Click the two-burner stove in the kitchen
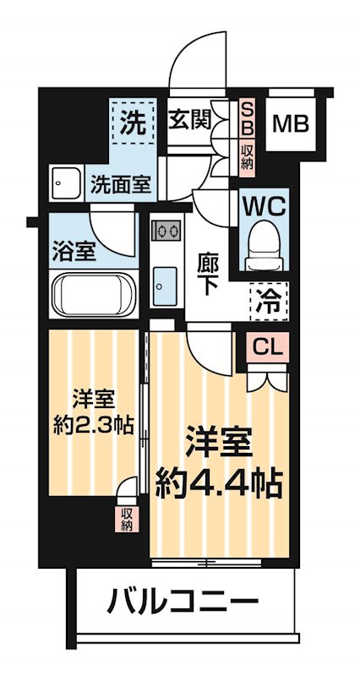pos(166,231)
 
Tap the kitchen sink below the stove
pos(166,285)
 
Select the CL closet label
pos(266,346)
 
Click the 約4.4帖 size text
pos(217,482)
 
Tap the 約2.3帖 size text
pos(93,423)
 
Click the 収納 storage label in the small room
pos(126,518)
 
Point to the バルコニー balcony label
pos(181,602)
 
